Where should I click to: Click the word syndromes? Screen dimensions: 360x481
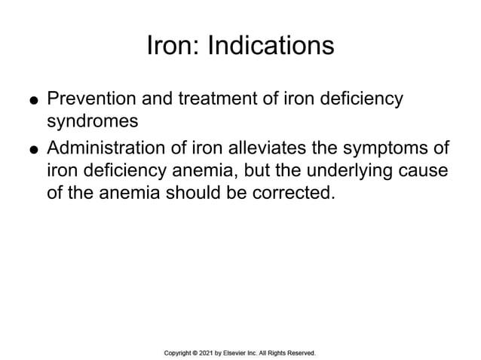pos(90,121)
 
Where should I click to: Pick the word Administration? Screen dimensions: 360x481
pos(109,147)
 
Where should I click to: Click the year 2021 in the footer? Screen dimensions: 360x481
pos(213,352)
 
